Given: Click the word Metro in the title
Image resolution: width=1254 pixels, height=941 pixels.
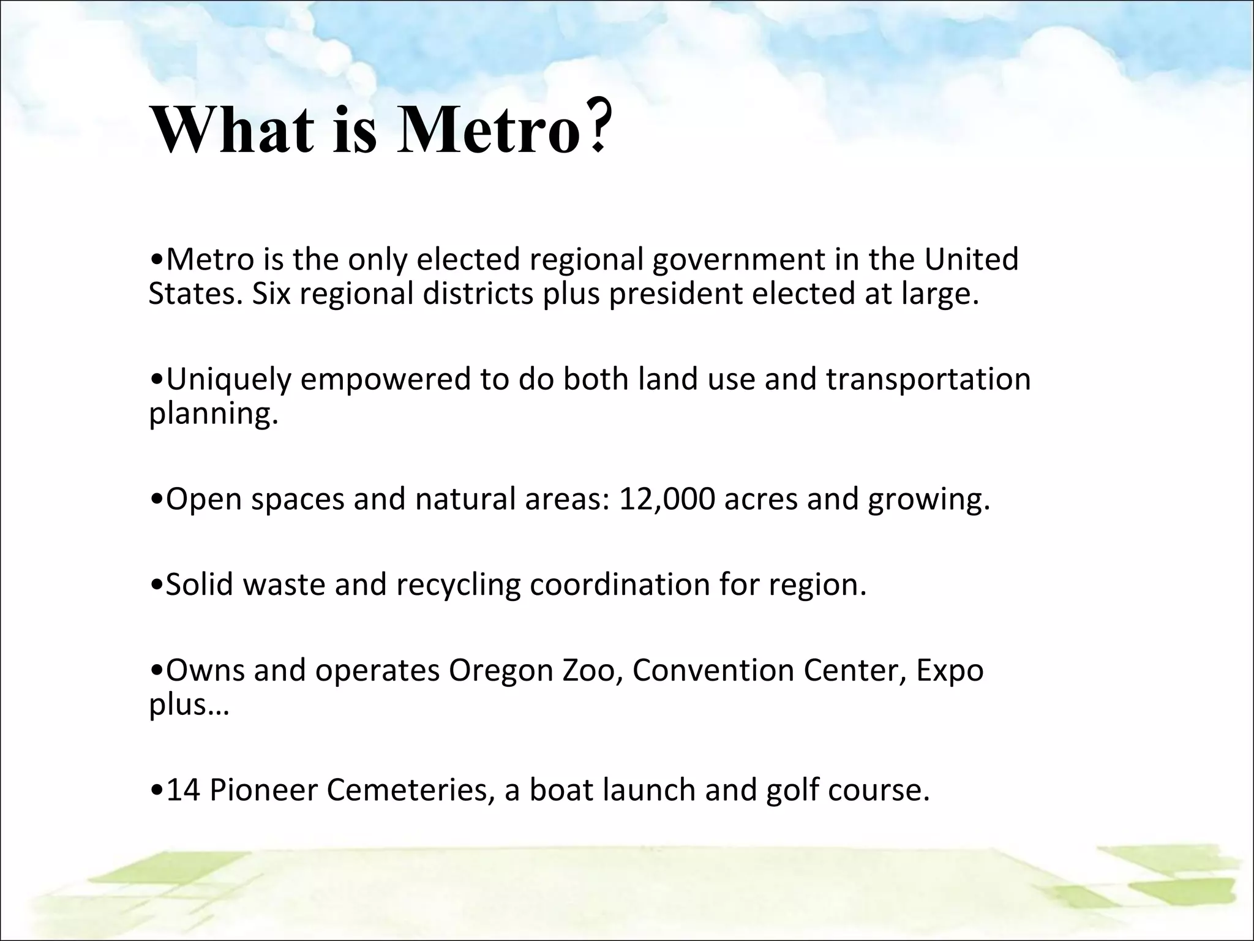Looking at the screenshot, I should click(488, 130).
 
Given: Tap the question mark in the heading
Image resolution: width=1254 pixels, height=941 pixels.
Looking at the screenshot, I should click(596, 128).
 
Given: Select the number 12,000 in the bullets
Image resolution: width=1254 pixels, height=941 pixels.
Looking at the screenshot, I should click(666, 499).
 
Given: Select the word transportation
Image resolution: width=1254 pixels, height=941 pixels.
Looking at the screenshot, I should click(928, 380).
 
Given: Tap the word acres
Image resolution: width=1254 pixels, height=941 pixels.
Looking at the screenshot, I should click(760, 499).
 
